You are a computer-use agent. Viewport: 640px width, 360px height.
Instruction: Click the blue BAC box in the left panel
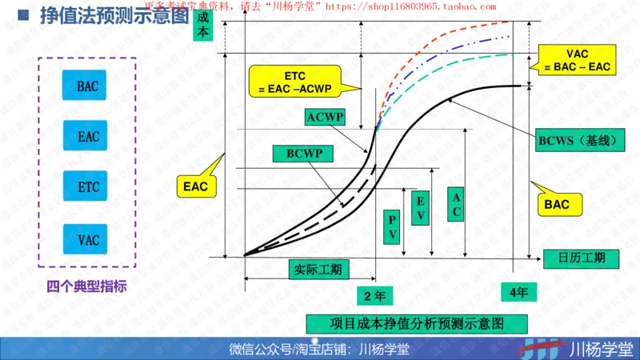(88, 86)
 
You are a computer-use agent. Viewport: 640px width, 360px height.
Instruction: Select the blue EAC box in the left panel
(88, 137)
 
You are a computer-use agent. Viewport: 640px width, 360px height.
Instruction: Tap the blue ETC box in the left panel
(88, 187)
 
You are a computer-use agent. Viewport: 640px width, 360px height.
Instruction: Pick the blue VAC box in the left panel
(88, 238)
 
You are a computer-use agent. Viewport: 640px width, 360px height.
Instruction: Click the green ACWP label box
(326, 118)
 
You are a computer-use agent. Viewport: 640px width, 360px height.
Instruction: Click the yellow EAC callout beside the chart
(194, 187)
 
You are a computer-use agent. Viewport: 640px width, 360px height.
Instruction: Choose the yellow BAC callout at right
(557, 204)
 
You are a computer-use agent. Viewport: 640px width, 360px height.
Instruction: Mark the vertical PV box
(393, 226)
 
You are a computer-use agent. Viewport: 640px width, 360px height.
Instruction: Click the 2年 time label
(374, 295)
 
